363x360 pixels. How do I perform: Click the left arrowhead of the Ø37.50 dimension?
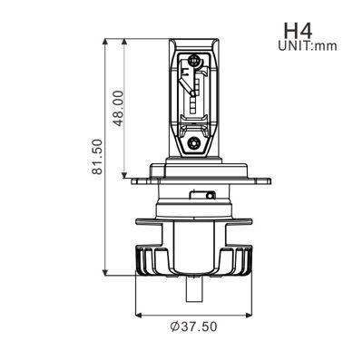click(x=139, y=315)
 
